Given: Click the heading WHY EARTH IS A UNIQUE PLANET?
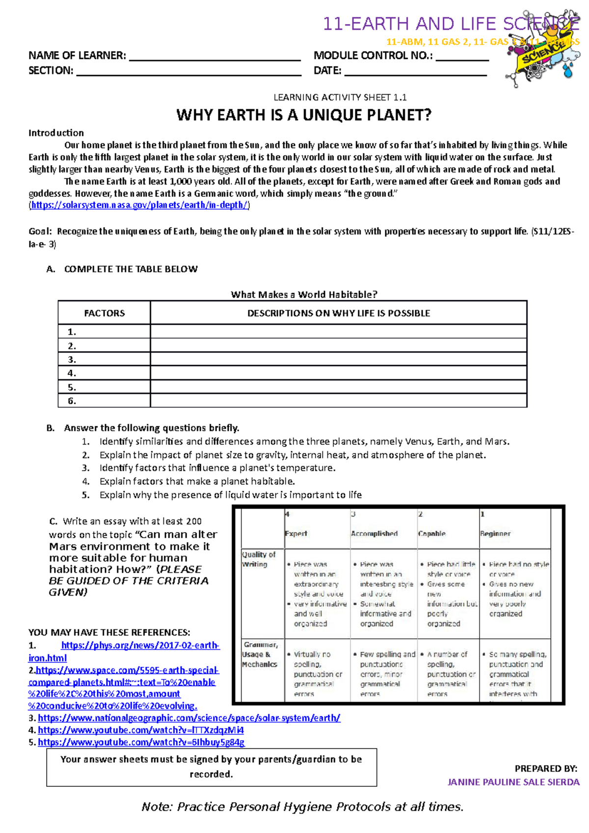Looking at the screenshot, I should click(304, 115).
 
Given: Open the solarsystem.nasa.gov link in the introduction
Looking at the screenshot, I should click(139, 205).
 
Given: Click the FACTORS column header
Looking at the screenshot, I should click(104, 313).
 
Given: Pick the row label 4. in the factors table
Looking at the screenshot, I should click(72, 373).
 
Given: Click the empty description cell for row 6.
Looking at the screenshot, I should click(338, 401).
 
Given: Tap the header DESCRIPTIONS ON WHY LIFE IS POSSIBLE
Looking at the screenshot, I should click(338, 313).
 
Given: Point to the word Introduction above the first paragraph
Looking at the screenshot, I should click(56, 133).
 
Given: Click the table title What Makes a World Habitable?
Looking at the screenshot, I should click(304, 294).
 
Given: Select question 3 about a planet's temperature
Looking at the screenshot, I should click(217, 468).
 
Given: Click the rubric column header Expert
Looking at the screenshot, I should click(296, 533).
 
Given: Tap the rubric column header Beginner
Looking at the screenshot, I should click(495, 533).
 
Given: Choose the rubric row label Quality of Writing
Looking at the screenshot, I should click(258, 559).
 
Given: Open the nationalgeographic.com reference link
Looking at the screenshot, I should click(189, 718).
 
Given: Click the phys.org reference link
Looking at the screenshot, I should click(140, 646).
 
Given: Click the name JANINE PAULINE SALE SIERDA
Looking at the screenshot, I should click(513, 782).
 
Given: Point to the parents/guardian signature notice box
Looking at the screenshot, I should click(212, 767).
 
